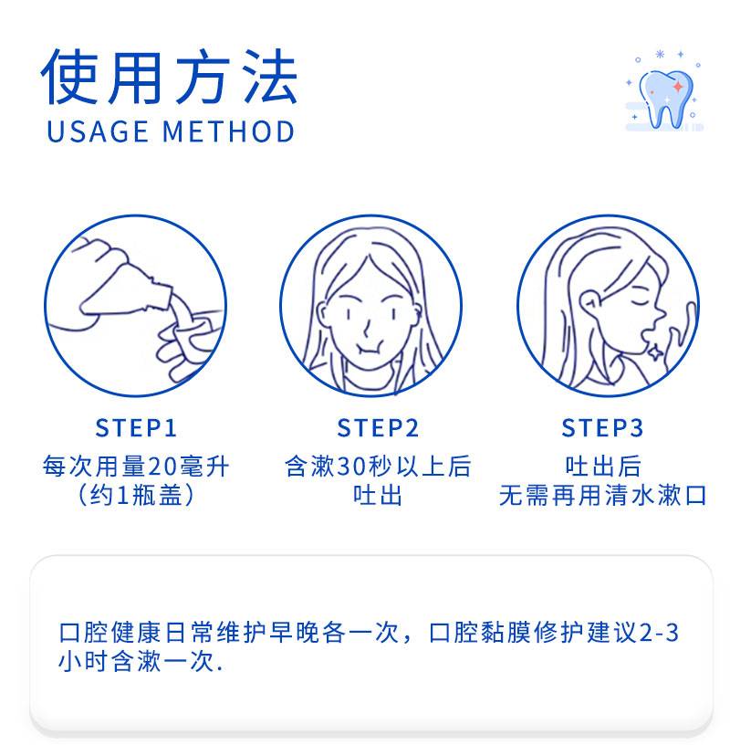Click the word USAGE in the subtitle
[x=98, y=131]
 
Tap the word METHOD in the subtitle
[x=229, y=131]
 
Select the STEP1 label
[x=136, y=427]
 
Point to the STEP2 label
[x=378, y=427]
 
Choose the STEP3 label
[x=602, y=427]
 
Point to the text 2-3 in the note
[x=659, y=633]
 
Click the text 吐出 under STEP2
[x=378, y=496]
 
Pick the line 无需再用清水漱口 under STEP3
[x=602, y=496]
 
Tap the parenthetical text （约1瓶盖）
[x=136, y=496]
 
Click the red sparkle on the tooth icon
[x=679, y=87]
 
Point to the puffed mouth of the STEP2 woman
[x=369, y=352]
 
